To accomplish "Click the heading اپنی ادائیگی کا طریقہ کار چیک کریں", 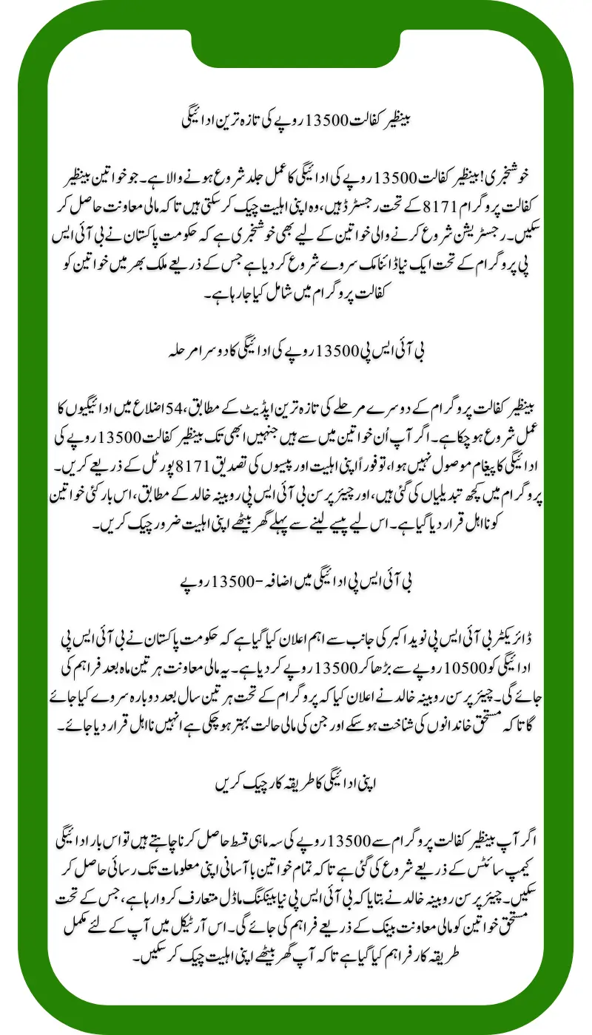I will click(295, 783).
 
